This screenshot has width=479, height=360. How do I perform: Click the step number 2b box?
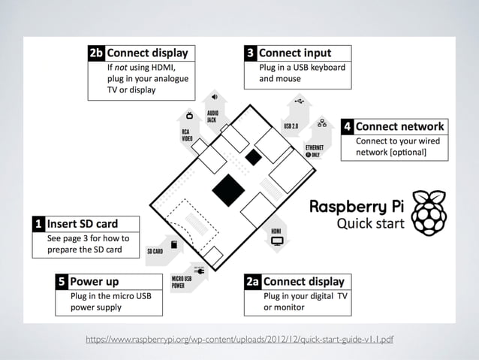(x=97, y=53)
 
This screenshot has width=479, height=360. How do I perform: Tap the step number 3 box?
(x=251, y=53)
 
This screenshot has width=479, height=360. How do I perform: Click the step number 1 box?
(x=38, y=223)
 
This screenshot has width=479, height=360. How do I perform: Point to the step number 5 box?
(x=62, y=281)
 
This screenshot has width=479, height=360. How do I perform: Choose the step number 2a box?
(x=253, y=281)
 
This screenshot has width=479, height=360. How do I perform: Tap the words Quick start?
(x=369, y=223)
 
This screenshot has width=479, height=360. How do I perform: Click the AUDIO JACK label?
(x=212, y=116)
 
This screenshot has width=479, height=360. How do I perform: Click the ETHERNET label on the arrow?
(x=315, y=147)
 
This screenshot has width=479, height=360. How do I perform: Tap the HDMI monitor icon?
(x=278, y=241)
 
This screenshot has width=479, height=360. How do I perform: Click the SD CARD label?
(x=155, y=251)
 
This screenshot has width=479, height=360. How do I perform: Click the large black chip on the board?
(x=227, y=189)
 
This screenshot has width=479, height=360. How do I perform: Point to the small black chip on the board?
(x=254, y=156)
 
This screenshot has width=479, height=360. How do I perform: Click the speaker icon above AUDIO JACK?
(x=214, y=97)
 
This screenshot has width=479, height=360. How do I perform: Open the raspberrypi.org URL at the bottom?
(x=239, y=340)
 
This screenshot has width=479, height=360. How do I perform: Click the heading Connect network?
(x=399, y=126)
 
